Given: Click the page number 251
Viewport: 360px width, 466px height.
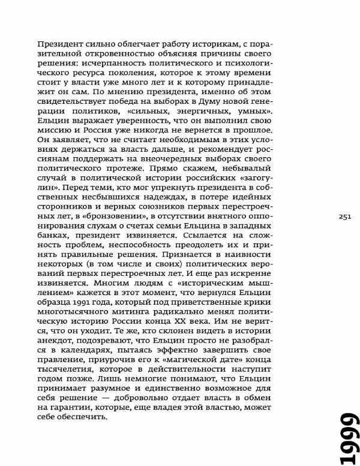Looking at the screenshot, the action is click(x=344, y=217).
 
